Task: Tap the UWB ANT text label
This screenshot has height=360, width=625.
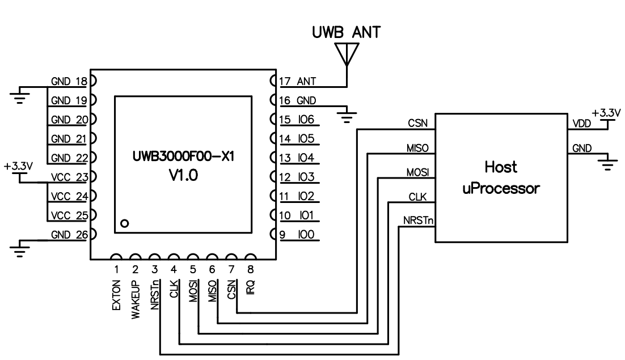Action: [x=345, y=33]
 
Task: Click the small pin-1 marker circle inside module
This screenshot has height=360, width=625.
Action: [x=125, y=223]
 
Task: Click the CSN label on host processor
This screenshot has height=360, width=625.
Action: [x=417, y=123]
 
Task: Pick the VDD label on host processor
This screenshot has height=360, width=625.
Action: [x=580, y=123]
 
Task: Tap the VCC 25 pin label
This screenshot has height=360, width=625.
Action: [x=67, y=216]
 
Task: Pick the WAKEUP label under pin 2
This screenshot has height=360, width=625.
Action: [x=136, y=299]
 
